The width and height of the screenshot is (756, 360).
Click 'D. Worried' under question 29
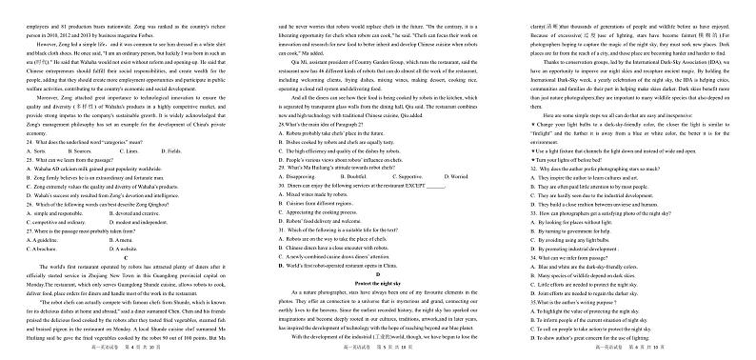click(456, 150)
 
